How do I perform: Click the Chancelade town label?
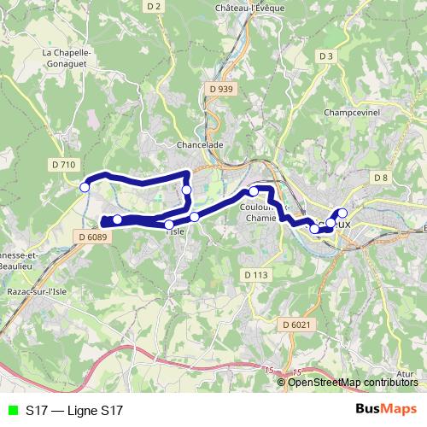199,144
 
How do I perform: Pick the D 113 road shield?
255,274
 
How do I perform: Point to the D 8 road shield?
381,177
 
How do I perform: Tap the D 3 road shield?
325,56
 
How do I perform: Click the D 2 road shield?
154,6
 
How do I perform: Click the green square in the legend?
11,411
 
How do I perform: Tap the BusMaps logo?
386,410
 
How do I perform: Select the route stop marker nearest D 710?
85,187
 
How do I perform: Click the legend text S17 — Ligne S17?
74,411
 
